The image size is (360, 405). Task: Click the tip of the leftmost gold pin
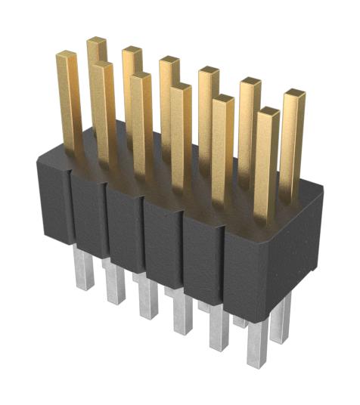pos(67,55)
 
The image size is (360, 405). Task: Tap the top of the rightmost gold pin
pos(294,94)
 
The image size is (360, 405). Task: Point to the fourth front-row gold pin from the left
pos(181,136)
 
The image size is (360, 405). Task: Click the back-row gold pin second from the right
pos(250,121)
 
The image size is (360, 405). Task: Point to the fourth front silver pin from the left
pos(182,315)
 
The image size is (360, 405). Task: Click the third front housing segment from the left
pos(124,227)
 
